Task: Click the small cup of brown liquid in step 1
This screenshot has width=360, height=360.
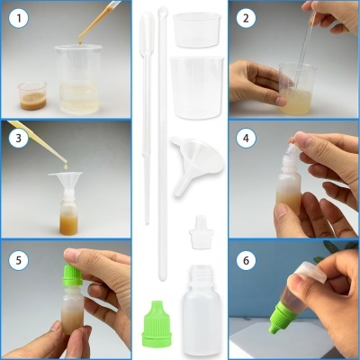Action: (x=31, y=94)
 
